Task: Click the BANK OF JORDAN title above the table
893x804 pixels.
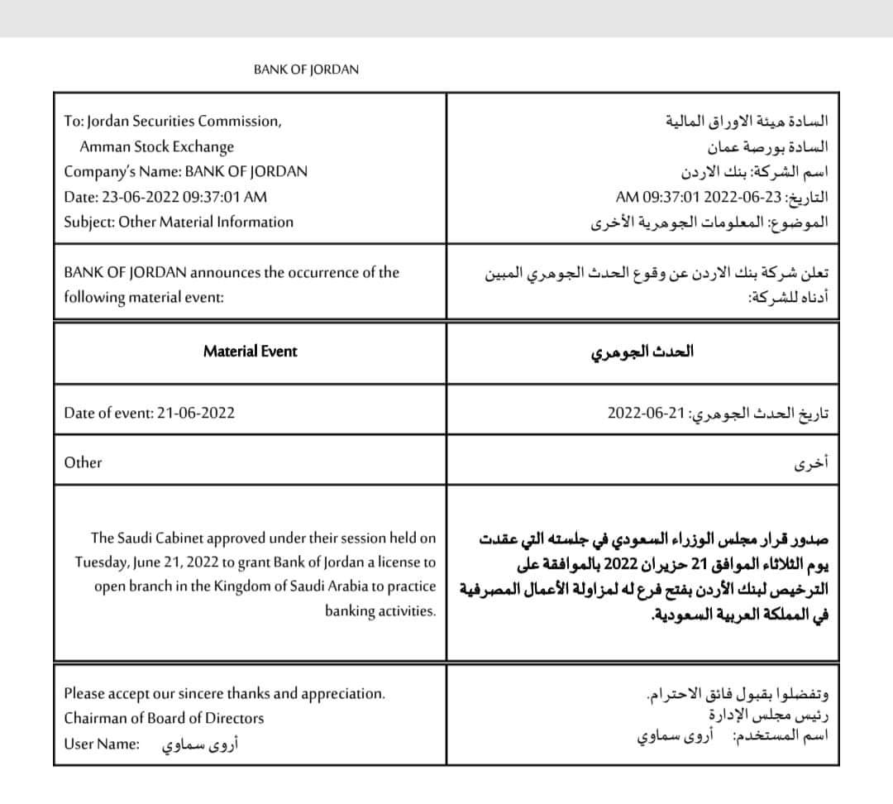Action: tap(306, 70)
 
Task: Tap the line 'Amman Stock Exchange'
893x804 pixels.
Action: tap(156, 146)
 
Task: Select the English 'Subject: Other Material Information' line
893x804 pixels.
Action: tap(179, 222)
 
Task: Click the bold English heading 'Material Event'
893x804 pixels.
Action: tap(250, 351)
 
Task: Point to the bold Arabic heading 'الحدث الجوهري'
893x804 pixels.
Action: tap(642, 351)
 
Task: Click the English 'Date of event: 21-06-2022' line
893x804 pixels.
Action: tap(150, 412)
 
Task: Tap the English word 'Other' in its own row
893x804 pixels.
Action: tap(83, 462)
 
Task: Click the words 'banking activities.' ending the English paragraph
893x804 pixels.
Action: tap(380, 611)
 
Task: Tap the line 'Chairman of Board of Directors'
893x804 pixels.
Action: tap(164, 718)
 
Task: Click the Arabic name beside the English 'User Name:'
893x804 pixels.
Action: tap(189, 744)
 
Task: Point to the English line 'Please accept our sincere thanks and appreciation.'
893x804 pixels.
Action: tap(224, 693)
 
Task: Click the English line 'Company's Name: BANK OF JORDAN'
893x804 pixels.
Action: tap(185, 172)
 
